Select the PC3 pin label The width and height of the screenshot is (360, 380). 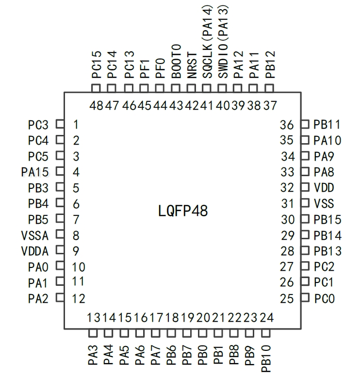tap(38, 125)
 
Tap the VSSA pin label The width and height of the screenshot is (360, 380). tap(35, 235)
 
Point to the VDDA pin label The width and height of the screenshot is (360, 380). tap(35, 251)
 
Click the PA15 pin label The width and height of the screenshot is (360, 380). tap(35, 172)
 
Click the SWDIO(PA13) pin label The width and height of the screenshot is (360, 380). tap(223, 41)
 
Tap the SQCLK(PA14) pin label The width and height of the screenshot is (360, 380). tap(207, 41)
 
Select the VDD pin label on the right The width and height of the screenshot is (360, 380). tap(324, 188)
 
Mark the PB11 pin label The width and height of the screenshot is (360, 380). tap(327, 125)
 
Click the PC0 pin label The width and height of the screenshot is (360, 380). tap(324, 298)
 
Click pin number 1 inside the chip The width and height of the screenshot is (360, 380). tap(76, 125)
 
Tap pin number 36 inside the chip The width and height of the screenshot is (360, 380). tap(287, 125)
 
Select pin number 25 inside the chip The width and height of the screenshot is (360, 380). tap(287, 298)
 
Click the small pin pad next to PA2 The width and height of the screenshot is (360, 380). tap(60, 297)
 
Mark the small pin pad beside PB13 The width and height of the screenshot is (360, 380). tap(305, 251)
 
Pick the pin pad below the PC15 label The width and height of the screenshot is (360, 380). tap(96, 88)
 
